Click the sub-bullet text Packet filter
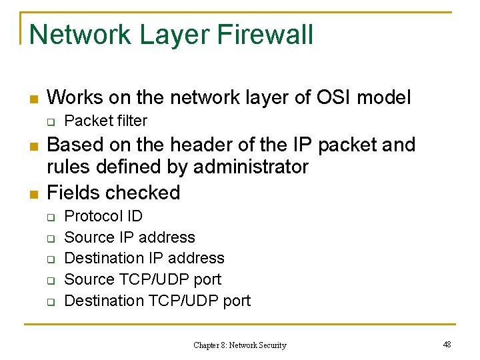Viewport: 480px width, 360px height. (x=105, y=121)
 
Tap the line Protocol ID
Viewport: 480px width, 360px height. (x=103, y=216)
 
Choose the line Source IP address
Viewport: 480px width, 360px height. (x=129, y=237)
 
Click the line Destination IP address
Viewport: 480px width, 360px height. (x=144, y=258)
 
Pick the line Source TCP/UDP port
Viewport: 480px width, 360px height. (x=143, y=279)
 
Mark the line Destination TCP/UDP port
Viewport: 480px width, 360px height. (x=157, y=301)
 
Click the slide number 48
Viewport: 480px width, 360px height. (x=447, y=344)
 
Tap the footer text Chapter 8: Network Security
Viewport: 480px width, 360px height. (x=239, y=345)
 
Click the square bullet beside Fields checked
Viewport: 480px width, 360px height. (x=31, y=194)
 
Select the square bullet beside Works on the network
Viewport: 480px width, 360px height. (x=31, y=99)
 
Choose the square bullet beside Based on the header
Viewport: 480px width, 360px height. (x=31, y=146)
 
